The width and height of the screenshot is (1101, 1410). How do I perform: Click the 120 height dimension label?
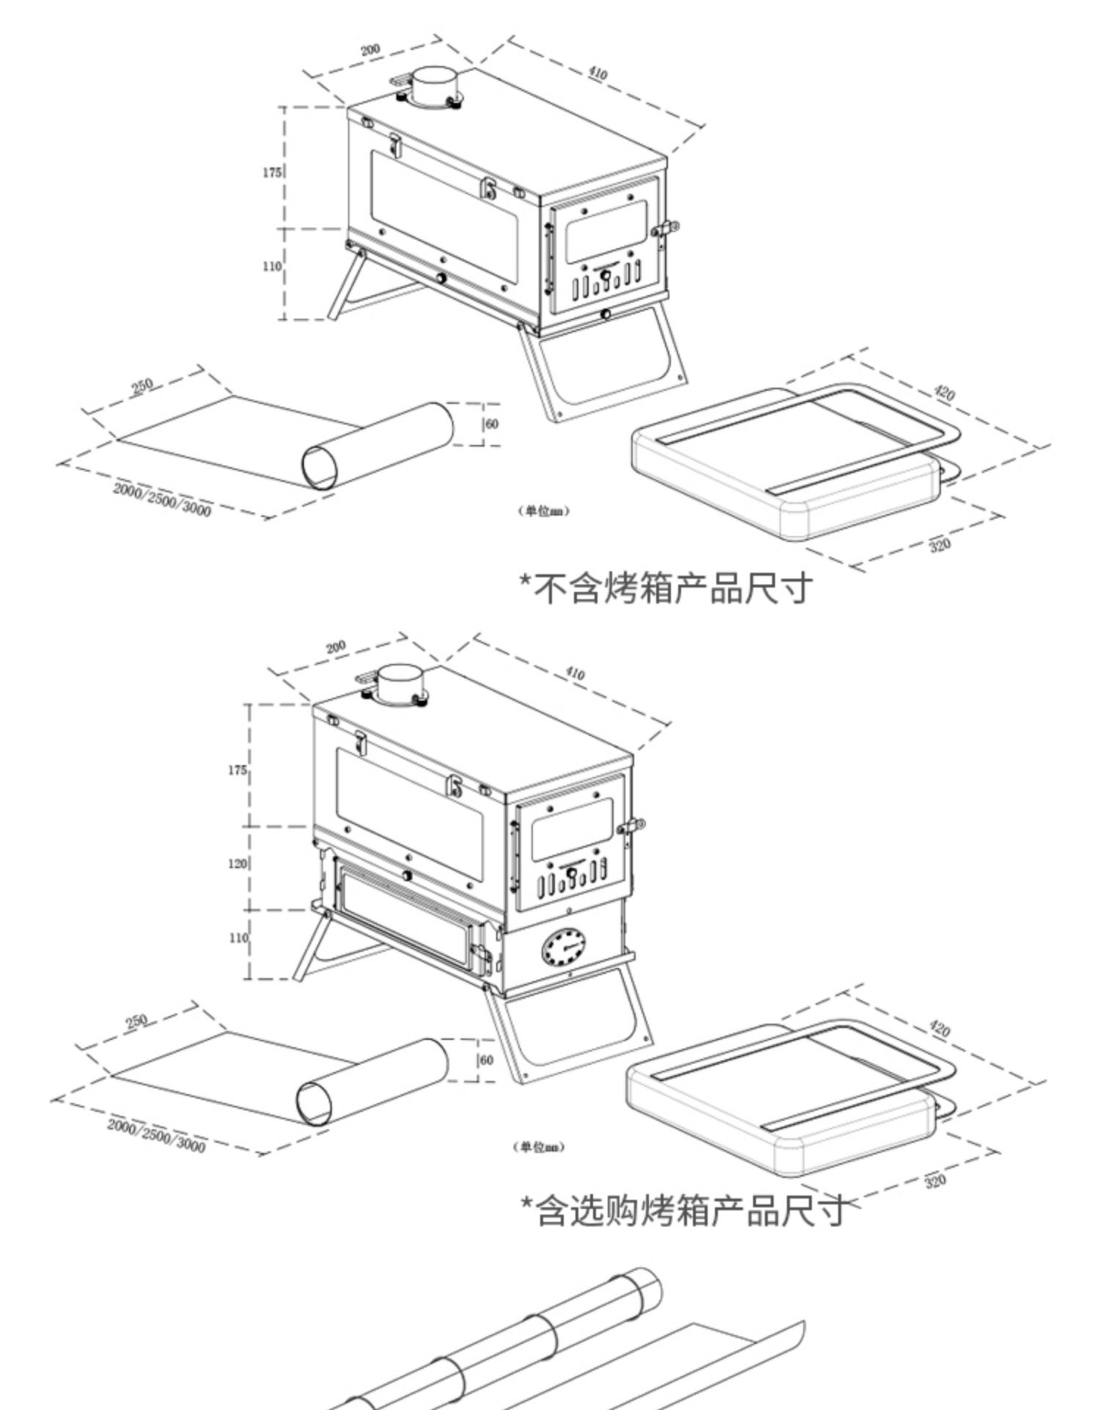237,864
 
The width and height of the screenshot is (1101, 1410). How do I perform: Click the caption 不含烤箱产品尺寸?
666,588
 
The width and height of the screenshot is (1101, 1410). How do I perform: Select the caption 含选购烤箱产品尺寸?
683,1211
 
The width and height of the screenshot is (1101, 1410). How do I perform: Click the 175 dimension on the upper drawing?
272,173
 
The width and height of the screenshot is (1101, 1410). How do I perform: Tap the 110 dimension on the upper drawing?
272,266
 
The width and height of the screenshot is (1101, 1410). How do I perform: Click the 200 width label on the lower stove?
335,647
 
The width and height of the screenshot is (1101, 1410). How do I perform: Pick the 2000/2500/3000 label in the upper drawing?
161,499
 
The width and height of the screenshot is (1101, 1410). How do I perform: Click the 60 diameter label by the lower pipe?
486,1060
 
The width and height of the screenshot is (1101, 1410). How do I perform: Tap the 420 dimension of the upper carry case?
944,394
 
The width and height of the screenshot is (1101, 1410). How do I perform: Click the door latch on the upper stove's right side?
667,229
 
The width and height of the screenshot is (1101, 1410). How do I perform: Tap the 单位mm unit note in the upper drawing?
544,511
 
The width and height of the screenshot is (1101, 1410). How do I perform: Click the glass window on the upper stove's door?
606,227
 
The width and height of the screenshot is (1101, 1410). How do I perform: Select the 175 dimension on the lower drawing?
237,770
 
